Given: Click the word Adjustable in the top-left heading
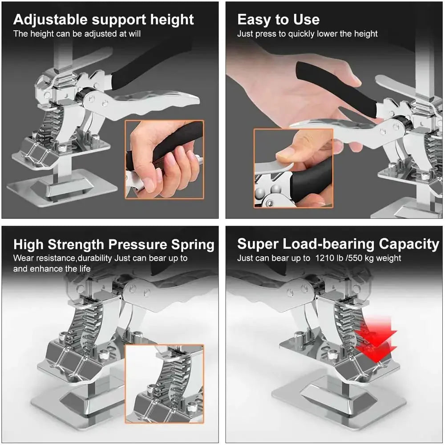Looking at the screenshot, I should (50, 20).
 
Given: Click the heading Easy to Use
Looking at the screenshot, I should (278, 20).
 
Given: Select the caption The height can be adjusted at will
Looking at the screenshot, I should (77, 34).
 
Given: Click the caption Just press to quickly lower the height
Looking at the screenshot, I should (307, 34).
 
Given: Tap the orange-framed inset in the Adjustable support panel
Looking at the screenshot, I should (164, 159).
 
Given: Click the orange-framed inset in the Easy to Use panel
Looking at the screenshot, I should (293, 168).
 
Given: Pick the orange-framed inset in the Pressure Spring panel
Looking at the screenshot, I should (164, 384).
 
